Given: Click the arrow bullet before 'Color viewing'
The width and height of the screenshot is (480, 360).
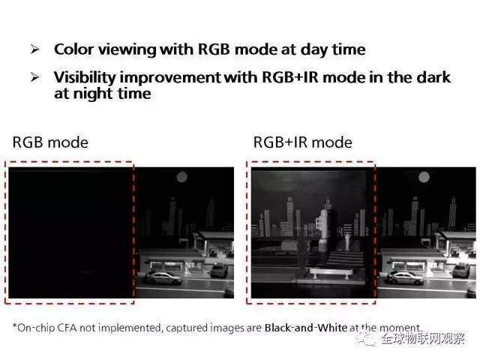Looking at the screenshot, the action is tap(35, 49).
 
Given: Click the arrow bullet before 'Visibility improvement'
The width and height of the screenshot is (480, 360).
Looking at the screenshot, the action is tap(35, 77).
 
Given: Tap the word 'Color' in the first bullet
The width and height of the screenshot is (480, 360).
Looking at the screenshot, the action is tap(73, 49).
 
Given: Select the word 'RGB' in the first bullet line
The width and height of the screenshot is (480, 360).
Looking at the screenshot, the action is tap(214, 49).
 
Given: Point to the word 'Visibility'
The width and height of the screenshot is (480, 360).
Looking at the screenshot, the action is tap(85, 77).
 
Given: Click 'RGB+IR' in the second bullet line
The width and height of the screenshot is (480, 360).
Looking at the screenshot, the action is tap(290, 77).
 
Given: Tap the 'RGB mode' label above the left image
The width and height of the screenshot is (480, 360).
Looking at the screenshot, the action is tap(50, 142).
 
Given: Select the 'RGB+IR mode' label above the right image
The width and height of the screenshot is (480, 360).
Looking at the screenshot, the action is tap(303, 142).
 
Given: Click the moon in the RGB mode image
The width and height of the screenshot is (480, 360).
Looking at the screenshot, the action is tap(181, 177).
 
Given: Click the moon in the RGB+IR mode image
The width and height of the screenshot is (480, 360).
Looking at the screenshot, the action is tap(424, 177).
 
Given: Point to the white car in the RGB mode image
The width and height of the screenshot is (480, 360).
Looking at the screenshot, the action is tap(163, 277).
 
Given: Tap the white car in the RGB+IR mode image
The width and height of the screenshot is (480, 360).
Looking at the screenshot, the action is tap(405, 277).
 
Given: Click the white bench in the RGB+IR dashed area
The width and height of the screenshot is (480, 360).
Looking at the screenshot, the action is tap(331, 273).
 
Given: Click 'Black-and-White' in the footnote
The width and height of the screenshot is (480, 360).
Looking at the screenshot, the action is tap(306, 328).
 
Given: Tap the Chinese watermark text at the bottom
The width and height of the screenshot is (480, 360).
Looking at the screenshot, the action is tap(423, 338).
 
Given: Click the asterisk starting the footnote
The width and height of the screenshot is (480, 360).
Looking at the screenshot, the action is tap(15, 326).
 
